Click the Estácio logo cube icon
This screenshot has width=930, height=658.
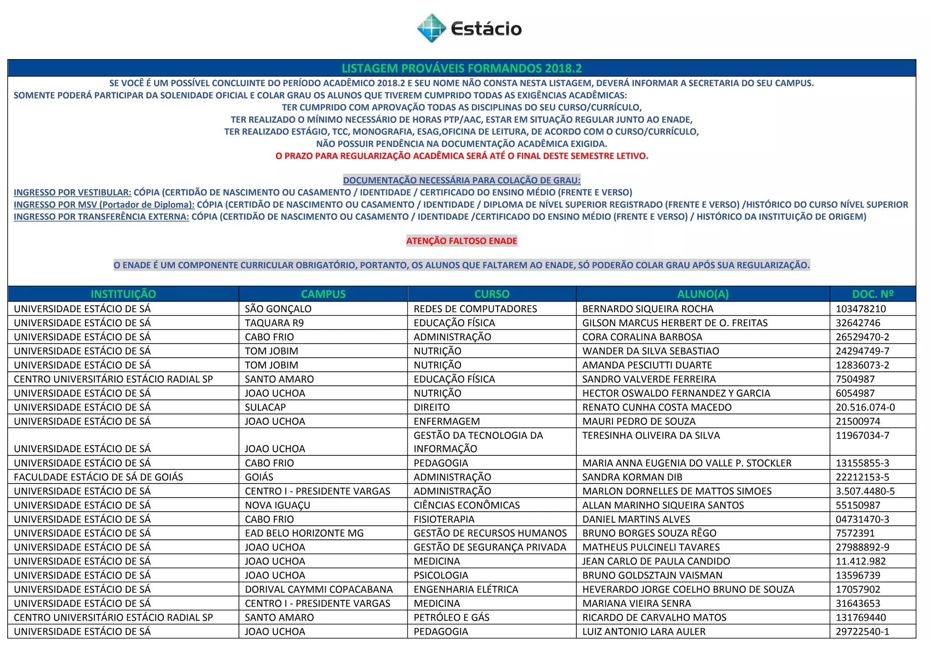(x=431, y=28)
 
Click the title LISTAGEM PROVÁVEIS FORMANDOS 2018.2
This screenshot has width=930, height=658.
(x=461, y=69)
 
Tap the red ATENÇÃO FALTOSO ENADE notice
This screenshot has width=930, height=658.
(x=461, y=241)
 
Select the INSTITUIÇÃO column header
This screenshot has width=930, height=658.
(x=123, y=294)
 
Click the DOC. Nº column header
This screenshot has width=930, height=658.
(x=872, y=294)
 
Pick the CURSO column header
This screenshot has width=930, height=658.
(x=492, y=294)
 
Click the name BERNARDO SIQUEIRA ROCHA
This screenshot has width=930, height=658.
(x=648, y=309)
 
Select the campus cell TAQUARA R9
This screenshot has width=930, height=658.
(x=274, y=323)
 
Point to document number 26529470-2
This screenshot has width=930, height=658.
(x=862, y=337)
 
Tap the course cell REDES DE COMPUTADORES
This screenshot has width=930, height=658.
(x=475, y=309)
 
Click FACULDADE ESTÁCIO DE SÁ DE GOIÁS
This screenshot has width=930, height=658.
(x=98, y=477)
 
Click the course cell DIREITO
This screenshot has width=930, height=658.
(x=431, y=407)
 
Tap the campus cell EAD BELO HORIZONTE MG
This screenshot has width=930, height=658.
(x=304, y=533)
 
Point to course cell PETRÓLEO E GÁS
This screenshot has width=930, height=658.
(x=451, y=618)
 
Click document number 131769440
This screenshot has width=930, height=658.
(x=861, y=618)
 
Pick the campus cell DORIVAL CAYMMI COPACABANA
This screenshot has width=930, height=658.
(x=319, y=589)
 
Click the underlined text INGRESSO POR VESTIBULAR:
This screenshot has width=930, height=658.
(x=73, y=193)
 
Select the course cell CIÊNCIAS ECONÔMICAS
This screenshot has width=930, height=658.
(x=466, y=505)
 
